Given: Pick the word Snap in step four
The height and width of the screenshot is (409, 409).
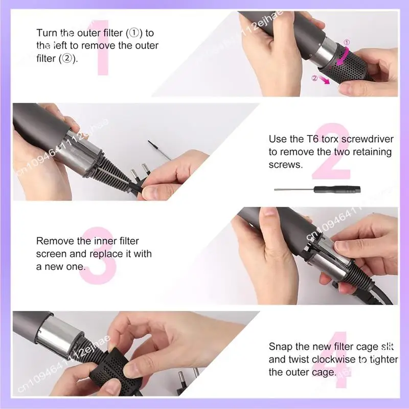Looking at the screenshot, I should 279,347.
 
